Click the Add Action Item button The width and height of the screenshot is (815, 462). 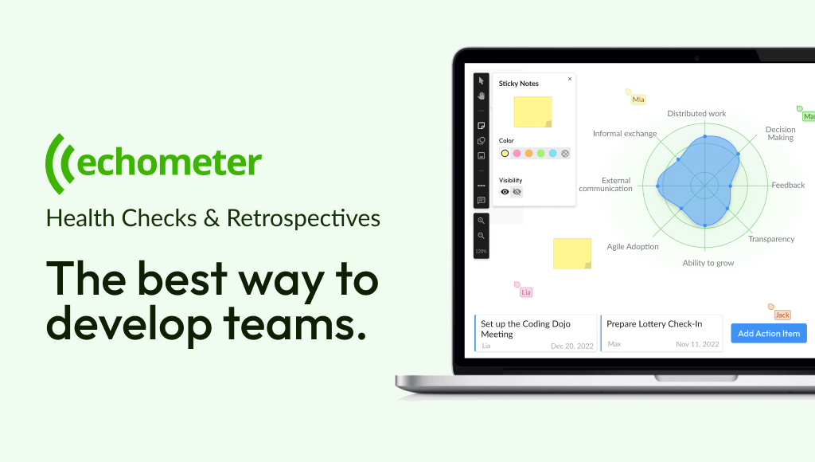[x=769, y=334]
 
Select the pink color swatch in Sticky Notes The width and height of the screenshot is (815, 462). [x=517, y=154]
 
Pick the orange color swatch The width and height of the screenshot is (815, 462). [x=528, y=154]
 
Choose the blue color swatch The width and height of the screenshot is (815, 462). [x=552, y=154]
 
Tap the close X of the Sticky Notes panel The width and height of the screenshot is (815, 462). [x=570, y=79]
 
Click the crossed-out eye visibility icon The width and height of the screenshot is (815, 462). [x=517, y=192]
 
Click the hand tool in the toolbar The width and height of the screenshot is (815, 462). [x=482, y=96]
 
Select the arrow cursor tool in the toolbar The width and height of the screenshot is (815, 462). [x=482, y=80]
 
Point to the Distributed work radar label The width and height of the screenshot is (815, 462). [x=696, y=113]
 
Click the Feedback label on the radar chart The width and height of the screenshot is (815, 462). [x=788, y=186]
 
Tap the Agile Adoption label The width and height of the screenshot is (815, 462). [x=633, y=247]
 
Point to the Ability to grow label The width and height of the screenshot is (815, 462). [x=708, y=263]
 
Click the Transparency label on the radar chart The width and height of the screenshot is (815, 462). [x=771, y=239]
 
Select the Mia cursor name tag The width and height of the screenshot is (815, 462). [x=638, y=100]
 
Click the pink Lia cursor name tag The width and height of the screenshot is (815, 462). [x=526, y=292]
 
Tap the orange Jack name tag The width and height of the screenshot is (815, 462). [x=782, y=315]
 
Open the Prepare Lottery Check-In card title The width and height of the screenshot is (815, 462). [x=654, y=323]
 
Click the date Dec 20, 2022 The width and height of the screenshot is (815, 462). [x=571, y=346]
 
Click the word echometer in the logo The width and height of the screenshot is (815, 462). [x=169, y=162]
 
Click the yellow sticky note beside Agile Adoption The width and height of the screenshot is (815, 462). [x=571, y=253]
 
